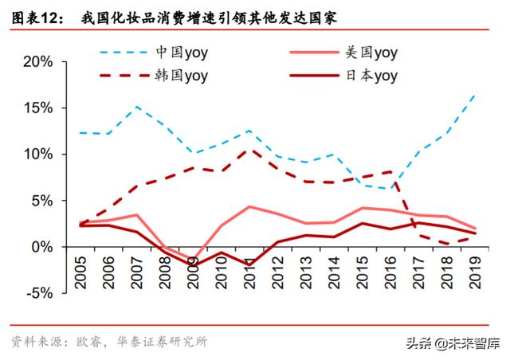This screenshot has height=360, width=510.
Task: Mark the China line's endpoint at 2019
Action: tap(476, 95)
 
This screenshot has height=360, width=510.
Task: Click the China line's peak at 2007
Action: tap(138, 107)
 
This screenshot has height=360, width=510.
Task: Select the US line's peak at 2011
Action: tap(249, 206)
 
